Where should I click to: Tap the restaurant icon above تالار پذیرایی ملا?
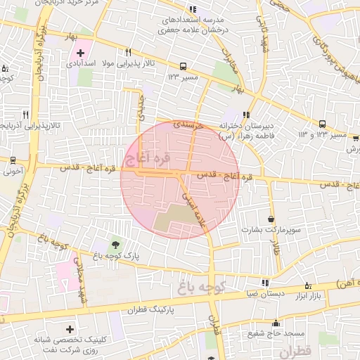128,53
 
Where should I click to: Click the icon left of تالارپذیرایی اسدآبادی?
25,115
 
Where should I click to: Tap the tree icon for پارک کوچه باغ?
115,243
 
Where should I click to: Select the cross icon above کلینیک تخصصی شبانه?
70,328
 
